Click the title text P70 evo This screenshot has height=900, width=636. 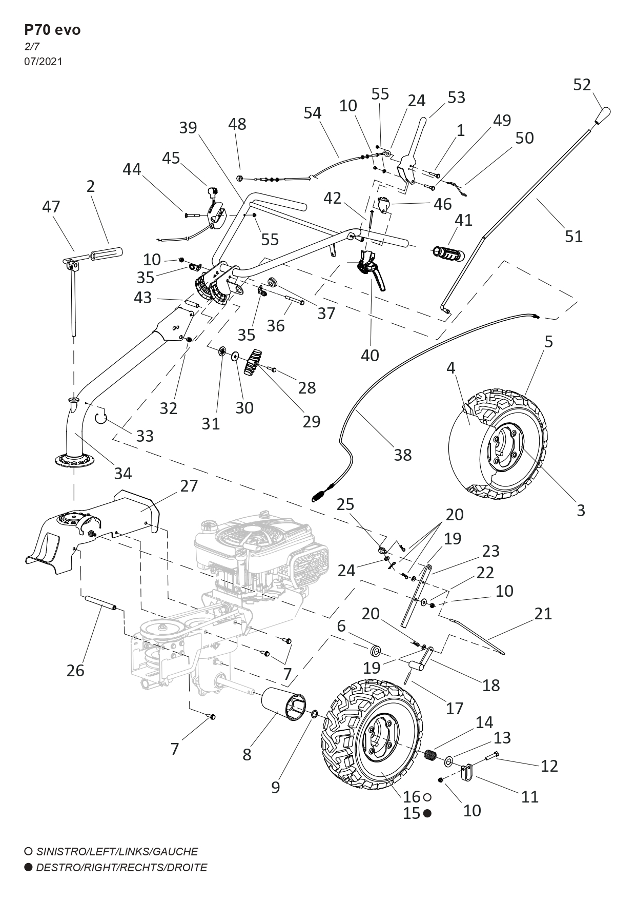(x=52, y=30)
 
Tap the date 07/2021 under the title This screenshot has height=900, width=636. (x=43, y=62)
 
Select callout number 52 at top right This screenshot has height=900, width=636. (x=582, y=85)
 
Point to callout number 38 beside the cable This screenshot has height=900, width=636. (x=402, y=455)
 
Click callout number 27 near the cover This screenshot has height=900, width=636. (x=189, y=485)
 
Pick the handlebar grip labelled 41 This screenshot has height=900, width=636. (x=448, y=252)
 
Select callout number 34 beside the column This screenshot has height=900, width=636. (x=123, y=473)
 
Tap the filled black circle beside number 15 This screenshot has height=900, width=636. (x=427, y=813)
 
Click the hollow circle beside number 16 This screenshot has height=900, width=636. (x=427, y=797)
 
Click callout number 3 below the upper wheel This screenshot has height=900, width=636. (x=581, y=511)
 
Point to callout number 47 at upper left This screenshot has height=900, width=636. (x=51, y=207)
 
